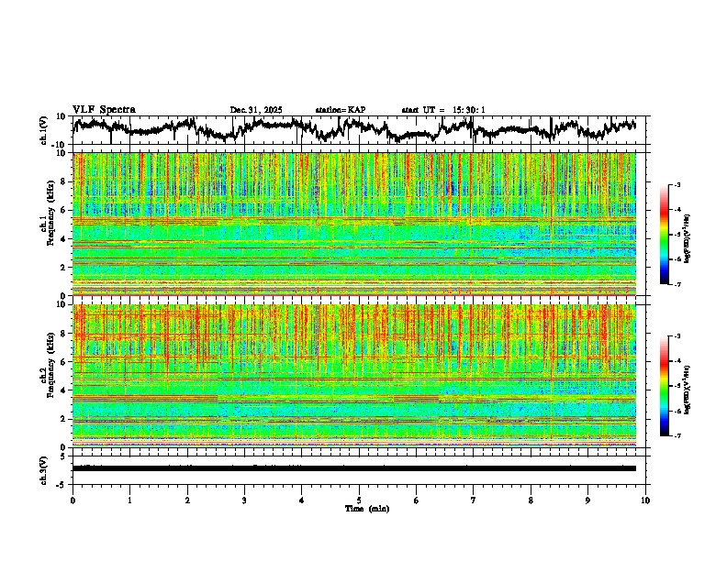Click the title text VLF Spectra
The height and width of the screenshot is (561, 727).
[x=104, y=110]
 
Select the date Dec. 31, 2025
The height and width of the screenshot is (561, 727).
[x=256, y=110]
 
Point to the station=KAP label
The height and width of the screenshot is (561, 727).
[x=340, y=110]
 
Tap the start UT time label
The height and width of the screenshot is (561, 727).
[x=443, y=110]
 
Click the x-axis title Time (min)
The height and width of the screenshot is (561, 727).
[x=366, y=508]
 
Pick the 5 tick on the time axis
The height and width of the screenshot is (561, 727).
[x=360, y=500]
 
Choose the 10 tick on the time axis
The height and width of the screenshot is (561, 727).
[x=646, y=500]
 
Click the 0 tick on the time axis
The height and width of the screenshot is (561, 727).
[x=73, y=500]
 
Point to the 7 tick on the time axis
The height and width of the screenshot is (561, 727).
[x=474, y=500]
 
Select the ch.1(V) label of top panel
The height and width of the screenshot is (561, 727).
[x=43, y=130]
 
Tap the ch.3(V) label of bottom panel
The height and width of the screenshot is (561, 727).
[x=43, y=467]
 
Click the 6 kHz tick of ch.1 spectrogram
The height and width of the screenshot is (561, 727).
[x=64, y=210]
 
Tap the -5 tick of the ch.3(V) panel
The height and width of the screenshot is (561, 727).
[x=62, y=483]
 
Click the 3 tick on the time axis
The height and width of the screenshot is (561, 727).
[x=244, y=500]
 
